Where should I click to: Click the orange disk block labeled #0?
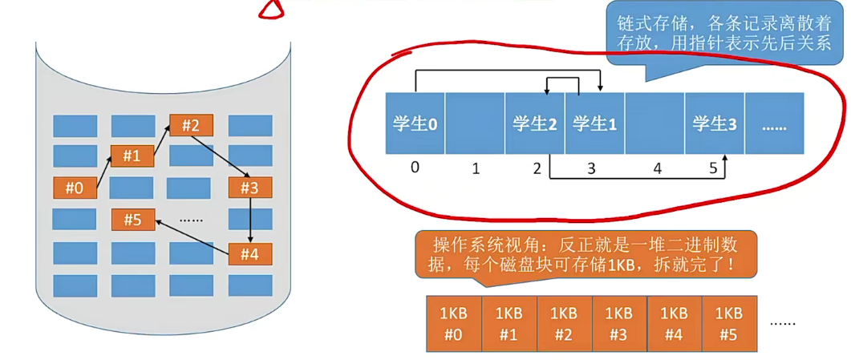[75, 188]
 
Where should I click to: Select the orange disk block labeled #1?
[132, 156]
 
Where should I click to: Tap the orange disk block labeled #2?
[190, 126]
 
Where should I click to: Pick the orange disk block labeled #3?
[250, 188]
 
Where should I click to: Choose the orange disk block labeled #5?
[133, 218]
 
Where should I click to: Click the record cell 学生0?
[415, 123]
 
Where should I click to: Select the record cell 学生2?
[535, 123]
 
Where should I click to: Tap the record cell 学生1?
[594, 123]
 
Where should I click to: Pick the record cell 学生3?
[714, 123]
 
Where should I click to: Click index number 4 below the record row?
[657, 169]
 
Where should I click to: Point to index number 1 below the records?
[475, 169]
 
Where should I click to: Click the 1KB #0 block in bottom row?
[453, 323]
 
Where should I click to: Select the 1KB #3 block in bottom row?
[618, 323]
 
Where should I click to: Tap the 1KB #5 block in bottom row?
[729, 323]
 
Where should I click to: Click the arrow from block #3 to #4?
[250, 220]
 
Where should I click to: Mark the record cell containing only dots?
[774, 123]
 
